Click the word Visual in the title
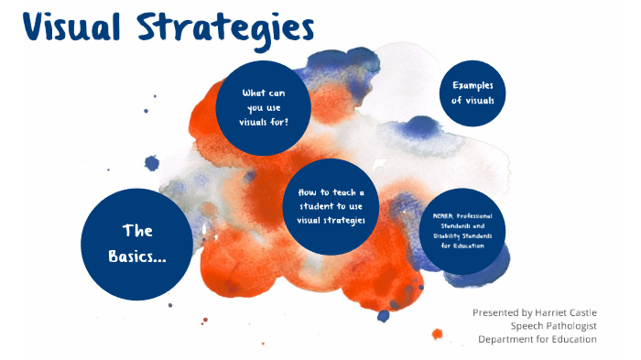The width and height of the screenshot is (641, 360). (x=72, y=27)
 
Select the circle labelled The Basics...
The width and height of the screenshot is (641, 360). (x=136, y=244)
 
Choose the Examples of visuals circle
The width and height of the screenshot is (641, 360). (x=473, y=93)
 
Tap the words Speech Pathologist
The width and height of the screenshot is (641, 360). (x=553, y=325)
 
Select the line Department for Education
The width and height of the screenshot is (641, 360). (x=537, y=339)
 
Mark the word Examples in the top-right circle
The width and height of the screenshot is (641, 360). (x=473, y=85)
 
